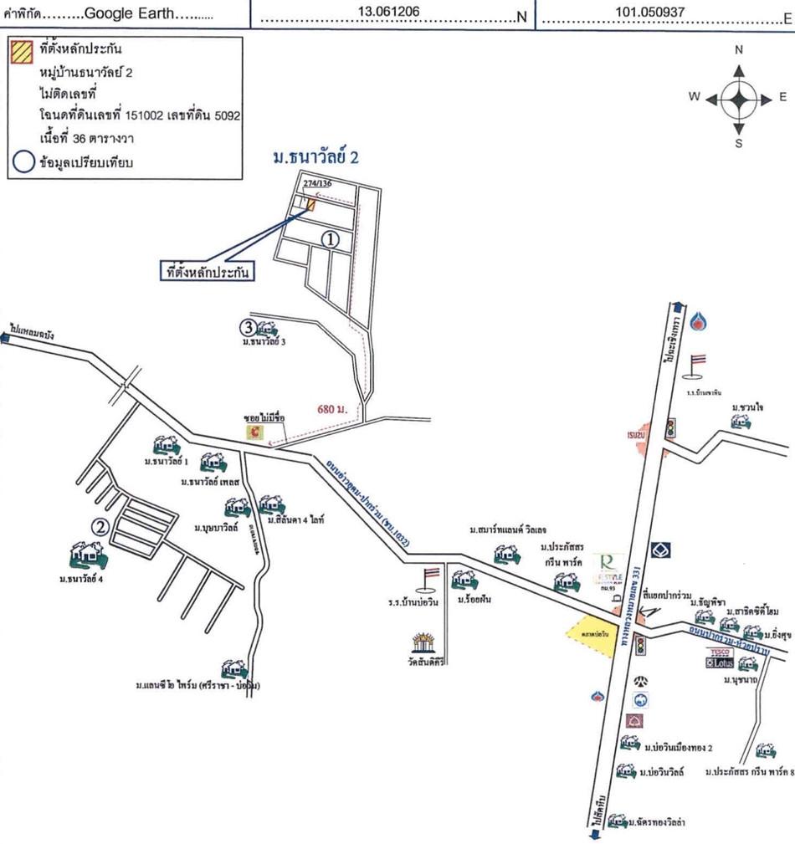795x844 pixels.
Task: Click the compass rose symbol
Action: [x=738, y=97]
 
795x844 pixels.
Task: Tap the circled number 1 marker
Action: [x=331, y=239]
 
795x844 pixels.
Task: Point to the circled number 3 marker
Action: [x=248, y=326]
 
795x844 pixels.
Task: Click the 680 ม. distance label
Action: [x=332, y=409]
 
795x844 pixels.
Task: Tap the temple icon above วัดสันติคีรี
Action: [x=427, y=644]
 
